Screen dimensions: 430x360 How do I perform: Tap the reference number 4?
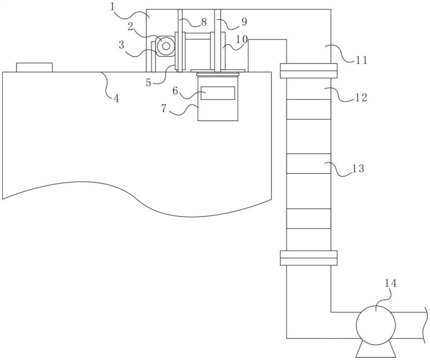click(117, 98)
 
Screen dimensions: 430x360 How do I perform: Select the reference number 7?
click(164, 108)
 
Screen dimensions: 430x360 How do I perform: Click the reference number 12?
click(360, 98)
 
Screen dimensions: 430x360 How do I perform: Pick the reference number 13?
click(359, 169)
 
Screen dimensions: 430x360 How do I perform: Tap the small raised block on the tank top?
click(34, 68)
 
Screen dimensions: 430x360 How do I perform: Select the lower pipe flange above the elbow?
click(308, 258)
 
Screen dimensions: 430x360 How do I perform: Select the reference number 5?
click(149, 82)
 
